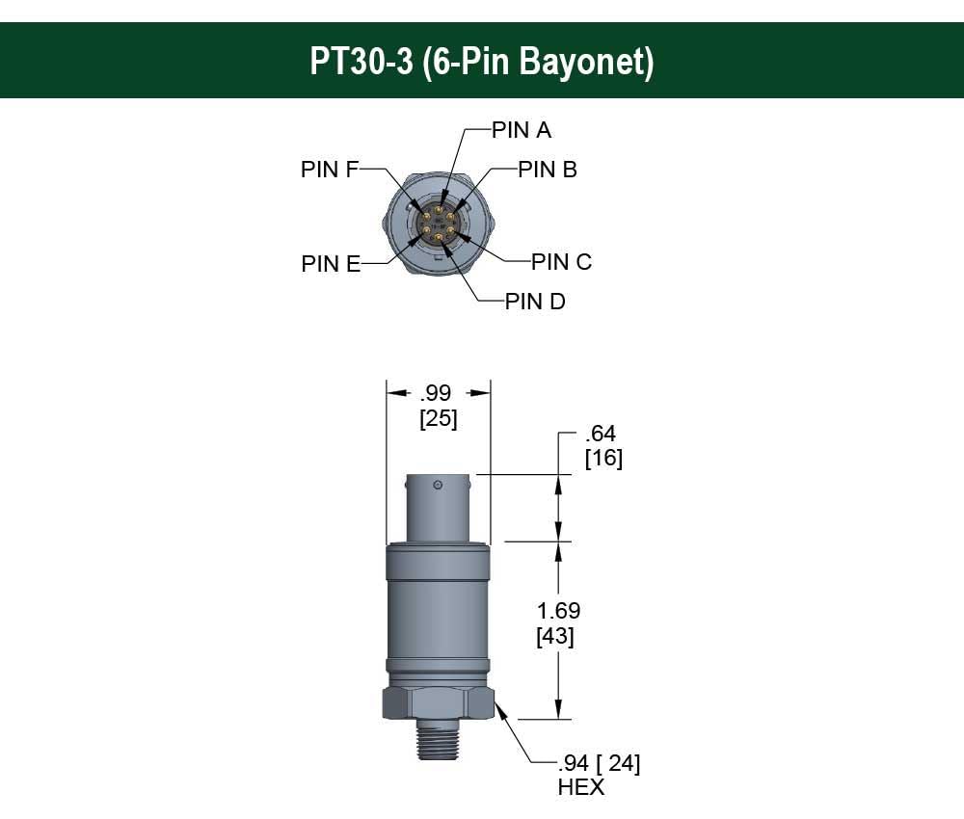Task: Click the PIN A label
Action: [x=521, y=129]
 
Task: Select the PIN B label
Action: [x=547, y=170]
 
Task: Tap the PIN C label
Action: [x=561, y=262]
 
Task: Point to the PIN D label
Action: [x=535, y=302]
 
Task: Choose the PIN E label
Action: [x=331, y=264]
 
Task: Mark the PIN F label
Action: [x=330, y=170]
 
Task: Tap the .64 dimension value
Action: [x=600, y=435]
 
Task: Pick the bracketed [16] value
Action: [x=603, y=459]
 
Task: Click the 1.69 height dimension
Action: [x=559, y=611]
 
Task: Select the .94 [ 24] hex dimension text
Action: [x=599, y=764]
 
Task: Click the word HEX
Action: [x=580, y=788]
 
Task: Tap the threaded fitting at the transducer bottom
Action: [x=439, y=743]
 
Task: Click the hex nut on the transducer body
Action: [x=439, y=700]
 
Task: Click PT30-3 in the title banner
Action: [x=360, y=62]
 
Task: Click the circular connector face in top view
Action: [x=439, y=223]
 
